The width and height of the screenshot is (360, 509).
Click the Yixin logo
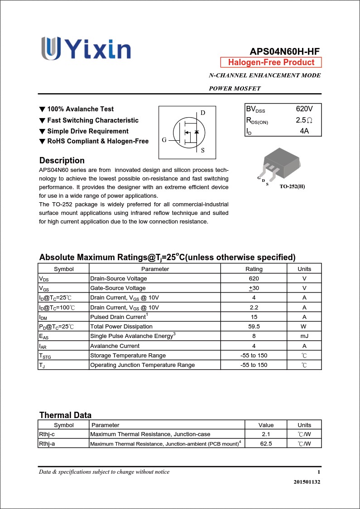[86, 48]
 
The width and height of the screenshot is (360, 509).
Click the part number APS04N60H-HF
[285, 52]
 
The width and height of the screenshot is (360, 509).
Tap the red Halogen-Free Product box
[271, 62]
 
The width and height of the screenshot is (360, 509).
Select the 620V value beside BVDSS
[304, 109]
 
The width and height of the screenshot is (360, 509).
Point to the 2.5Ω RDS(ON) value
[304, 120]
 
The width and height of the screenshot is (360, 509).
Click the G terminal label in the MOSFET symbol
[164, 140]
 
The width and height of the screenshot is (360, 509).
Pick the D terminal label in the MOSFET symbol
[202, 113]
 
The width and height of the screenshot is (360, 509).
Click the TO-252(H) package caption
[292, 186]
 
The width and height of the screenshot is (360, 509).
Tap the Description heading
[62, 161]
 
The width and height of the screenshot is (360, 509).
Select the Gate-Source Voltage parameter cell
[118, 288]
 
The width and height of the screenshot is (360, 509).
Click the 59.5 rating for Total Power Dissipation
[254, 327]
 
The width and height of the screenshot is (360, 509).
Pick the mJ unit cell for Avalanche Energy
[304, 336]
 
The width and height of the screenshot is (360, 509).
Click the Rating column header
[254, 269]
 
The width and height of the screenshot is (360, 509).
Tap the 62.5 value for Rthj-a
[266, 444]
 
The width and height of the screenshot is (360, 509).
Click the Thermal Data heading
[65, 415]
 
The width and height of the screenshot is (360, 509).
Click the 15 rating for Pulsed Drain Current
[254, 317]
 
